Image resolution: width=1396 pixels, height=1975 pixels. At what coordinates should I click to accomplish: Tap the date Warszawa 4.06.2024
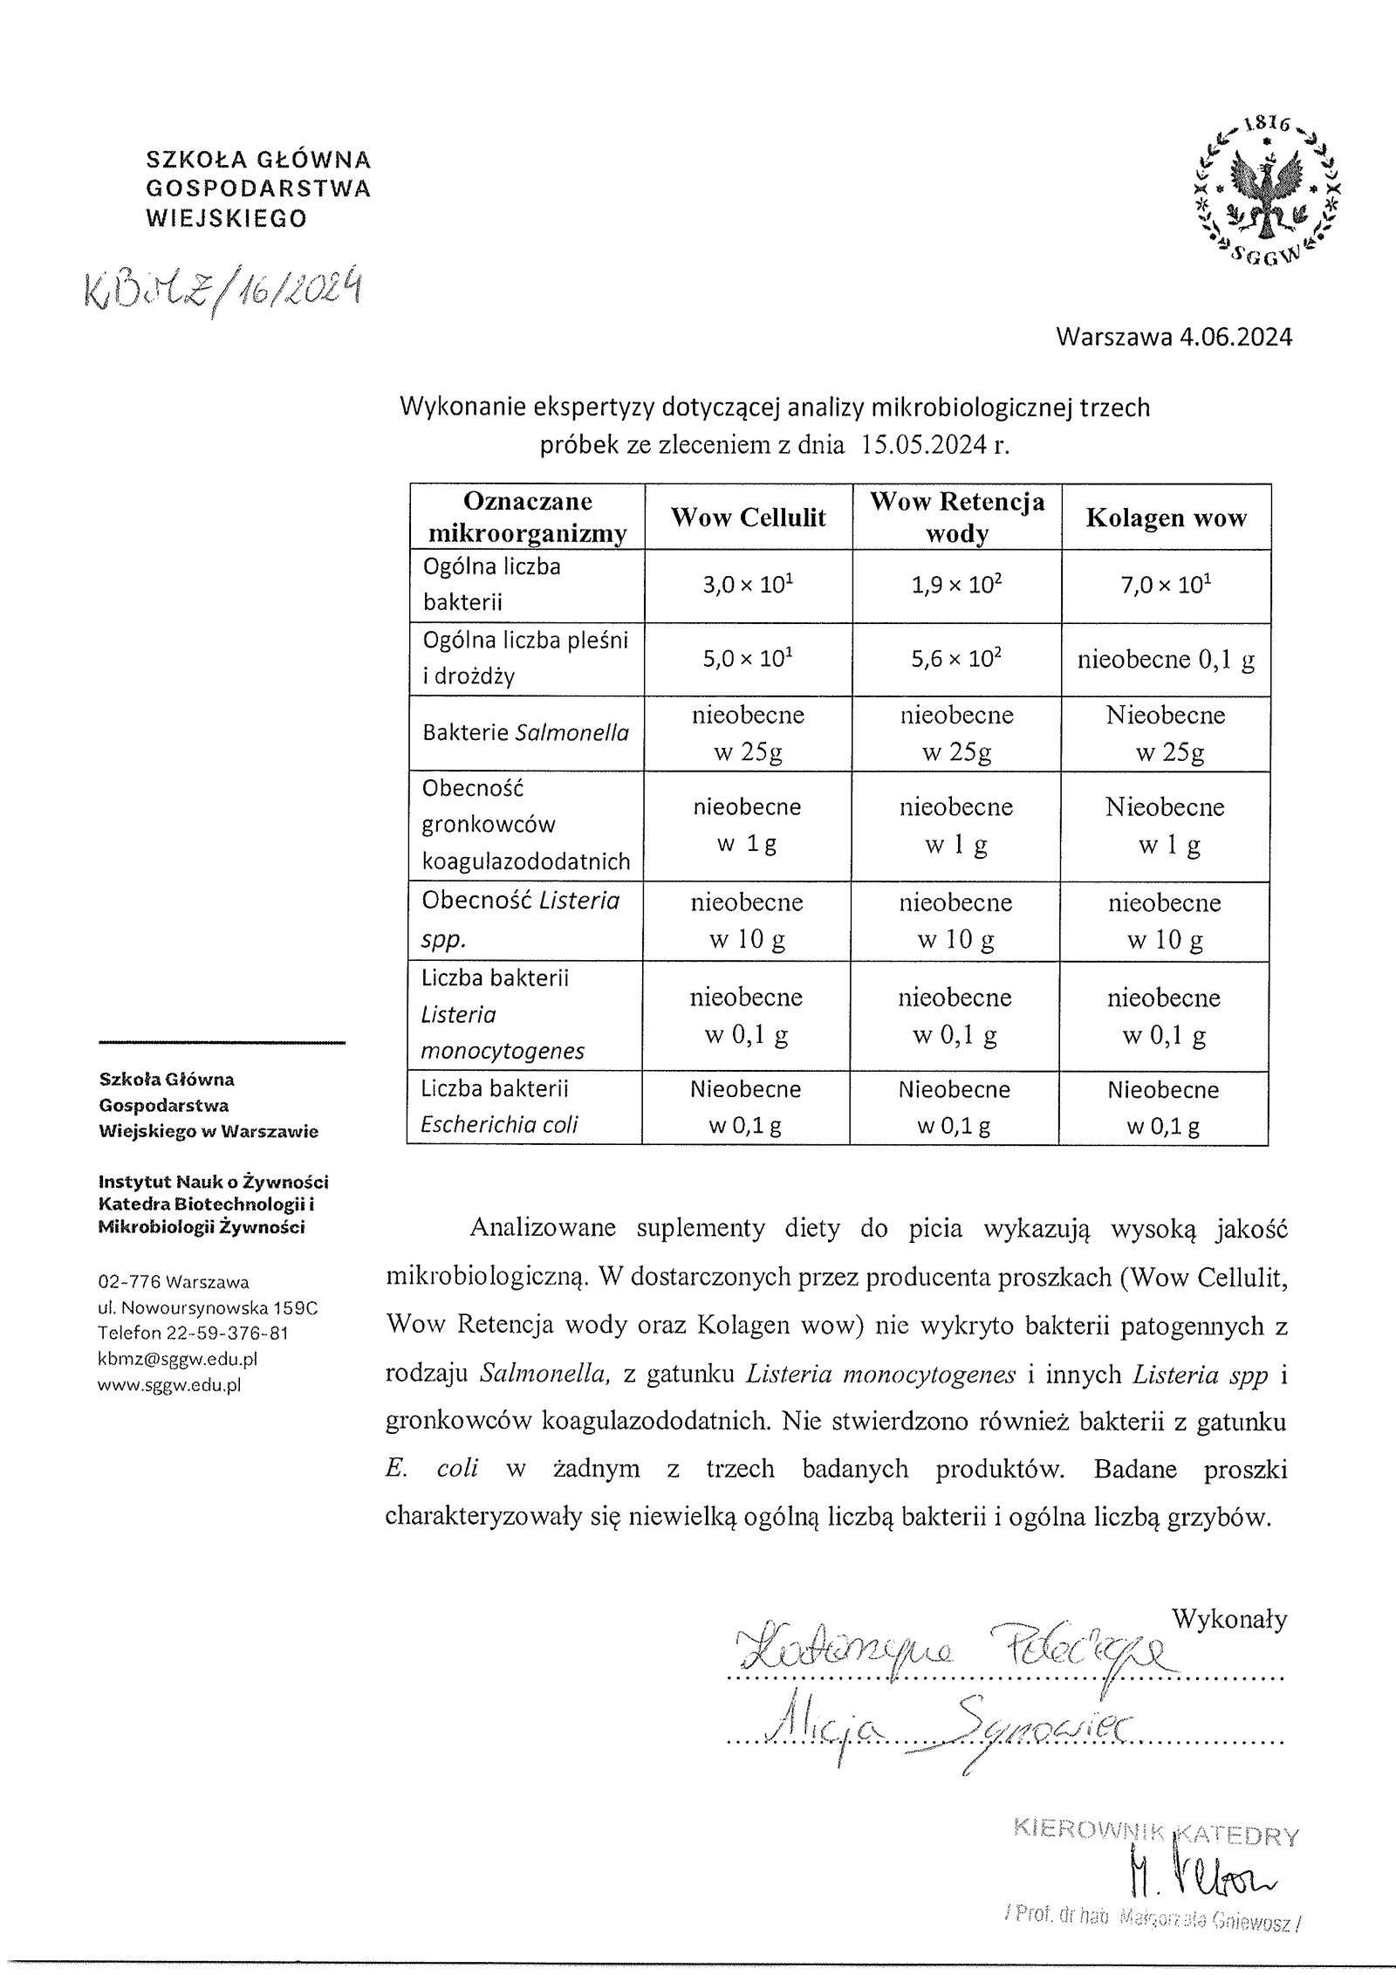pos(1173,338)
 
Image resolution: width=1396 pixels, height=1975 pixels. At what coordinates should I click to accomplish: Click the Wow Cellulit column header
pos(748,518)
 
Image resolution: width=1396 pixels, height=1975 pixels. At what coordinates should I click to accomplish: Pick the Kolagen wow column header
pos(1166,518)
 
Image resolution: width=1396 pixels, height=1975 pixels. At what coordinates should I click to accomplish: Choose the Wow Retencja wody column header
pos(957,518)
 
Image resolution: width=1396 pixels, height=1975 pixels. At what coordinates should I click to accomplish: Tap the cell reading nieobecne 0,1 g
pos(1166,661)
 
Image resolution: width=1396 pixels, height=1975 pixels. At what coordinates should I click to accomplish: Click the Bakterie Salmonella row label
pos(525,733)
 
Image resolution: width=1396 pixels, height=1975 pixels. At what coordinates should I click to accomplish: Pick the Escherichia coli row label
pos(499,1125)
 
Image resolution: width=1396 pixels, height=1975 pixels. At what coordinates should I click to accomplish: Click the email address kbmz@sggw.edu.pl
pos(178,1359)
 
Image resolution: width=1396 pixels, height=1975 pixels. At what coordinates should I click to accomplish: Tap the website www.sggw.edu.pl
pos(169,1384)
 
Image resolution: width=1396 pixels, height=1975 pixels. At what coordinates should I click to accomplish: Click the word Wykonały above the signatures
pos(1228,1620)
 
